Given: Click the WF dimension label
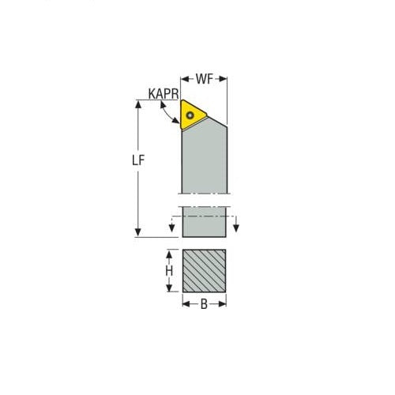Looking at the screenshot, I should click(205, 79).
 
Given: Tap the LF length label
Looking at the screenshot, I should click(137, 160).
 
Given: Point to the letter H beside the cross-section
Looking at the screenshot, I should click(168, 271).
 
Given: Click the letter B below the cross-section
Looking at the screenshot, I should click(205, 304).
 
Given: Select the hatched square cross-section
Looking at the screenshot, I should click(205, 271).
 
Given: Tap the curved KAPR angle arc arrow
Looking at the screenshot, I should click(167, 115).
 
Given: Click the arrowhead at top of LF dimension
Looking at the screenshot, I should click(138, 103).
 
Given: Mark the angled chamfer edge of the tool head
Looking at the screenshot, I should click(217, 121).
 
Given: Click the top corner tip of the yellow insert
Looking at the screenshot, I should click(182, 100).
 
